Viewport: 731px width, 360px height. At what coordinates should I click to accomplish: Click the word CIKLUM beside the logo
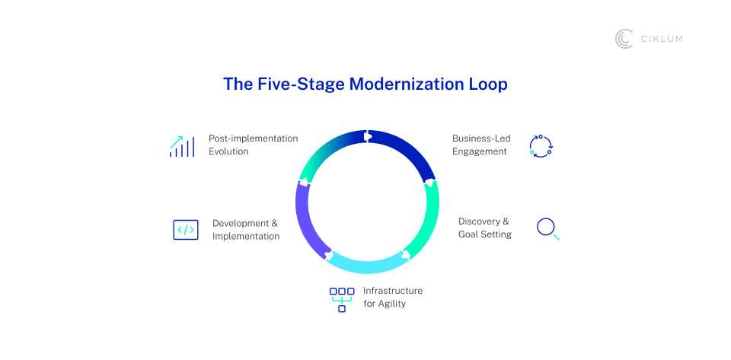(661, 39)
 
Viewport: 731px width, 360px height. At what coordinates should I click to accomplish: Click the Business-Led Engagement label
(481, 145)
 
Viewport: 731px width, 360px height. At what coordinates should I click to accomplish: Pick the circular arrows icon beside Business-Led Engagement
(541, 146)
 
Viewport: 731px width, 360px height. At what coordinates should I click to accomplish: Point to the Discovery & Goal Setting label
(484, 228)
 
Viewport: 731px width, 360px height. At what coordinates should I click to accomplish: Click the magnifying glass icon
(547, 228)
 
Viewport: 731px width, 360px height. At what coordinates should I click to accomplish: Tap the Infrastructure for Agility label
(392, 297)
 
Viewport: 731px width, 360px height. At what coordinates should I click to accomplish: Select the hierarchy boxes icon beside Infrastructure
(342, 298)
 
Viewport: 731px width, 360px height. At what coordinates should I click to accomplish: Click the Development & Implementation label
(245, 229)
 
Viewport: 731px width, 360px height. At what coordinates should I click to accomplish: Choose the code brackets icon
(186, 229)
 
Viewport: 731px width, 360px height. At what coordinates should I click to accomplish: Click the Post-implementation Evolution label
(253, 145)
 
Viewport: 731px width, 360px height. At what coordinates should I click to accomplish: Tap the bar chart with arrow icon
(181, 146)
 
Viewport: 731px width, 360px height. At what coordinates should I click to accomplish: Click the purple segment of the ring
(307, 221)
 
